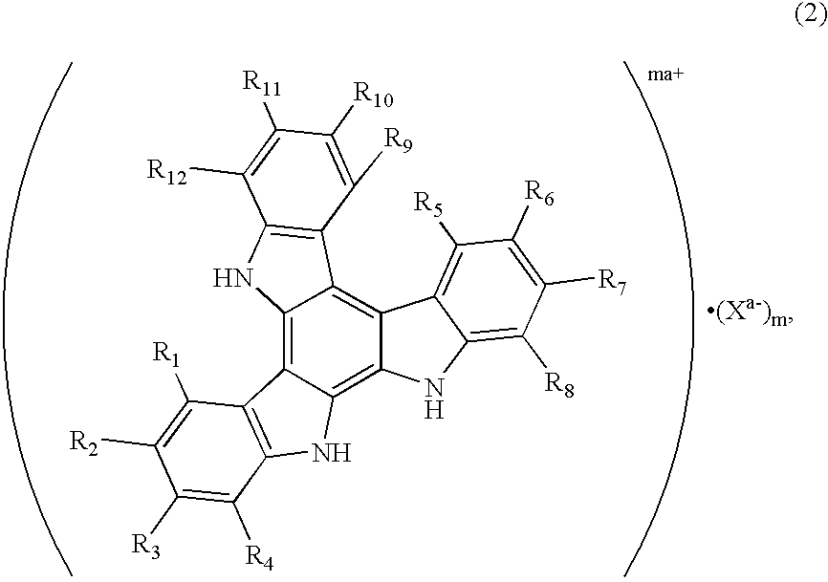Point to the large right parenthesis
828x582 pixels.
[x=672, y=315]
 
